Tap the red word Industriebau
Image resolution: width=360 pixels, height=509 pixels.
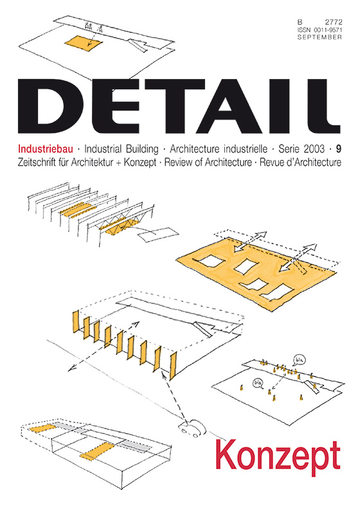pos(46,149)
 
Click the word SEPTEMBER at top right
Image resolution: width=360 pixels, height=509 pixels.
pos(319,37)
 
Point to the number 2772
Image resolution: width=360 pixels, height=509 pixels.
pos(332,22)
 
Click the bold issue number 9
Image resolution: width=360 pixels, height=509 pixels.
pos(339,149)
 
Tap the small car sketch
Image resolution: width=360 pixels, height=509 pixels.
pos(192,428)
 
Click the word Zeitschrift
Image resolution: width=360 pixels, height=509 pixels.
pos(40,162)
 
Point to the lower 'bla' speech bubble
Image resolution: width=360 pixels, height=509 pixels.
pos(258,383)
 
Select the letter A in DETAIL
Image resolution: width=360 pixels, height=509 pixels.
pos(226,106)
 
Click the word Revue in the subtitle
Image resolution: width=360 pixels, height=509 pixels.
pos(271,162)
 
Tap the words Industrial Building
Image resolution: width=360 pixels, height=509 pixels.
pos(122,149)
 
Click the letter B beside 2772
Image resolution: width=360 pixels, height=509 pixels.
pos(300,22)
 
